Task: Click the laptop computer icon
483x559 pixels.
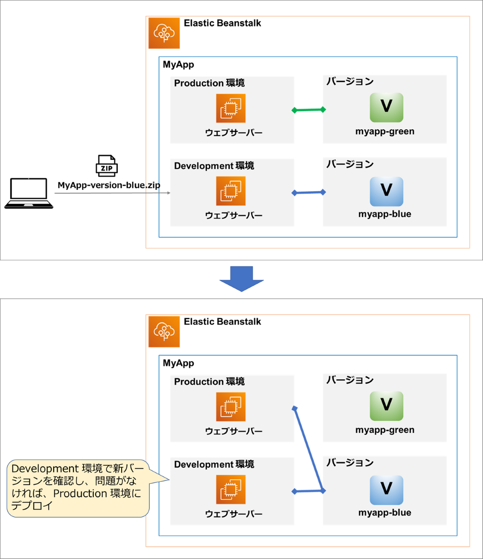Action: [x=29, y=194]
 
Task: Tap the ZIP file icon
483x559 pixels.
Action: [x=106, y=166]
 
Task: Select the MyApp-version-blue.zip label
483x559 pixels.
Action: [x=109, y=185]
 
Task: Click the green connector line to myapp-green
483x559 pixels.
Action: [x=309, y=110]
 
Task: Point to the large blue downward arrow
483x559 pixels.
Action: [x=241, y=278]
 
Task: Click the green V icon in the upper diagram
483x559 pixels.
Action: [x=386, y=107]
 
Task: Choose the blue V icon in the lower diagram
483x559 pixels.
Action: [x=386, y=489]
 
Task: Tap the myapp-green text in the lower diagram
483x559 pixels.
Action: [x=385, y=430]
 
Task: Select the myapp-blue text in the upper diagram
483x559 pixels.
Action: [x=385, y=214]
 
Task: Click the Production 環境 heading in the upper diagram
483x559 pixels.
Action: [x=209, y=84]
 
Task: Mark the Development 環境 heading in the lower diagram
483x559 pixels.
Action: [x=214, y=464]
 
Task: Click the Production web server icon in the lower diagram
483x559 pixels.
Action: [x=231, y=407]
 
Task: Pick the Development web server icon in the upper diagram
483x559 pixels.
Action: [x=231, y=191]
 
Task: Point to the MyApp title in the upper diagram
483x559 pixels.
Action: [x=178, y=65]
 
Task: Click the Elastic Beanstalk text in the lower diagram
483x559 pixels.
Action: [x=222, y=321]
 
